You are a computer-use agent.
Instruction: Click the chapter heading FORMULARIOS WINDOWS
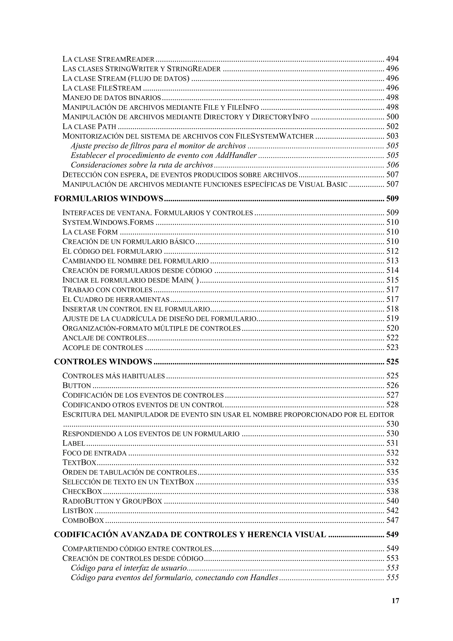[109, 199]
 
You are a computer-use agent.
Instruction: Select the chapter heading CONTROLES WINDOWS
[103, 362]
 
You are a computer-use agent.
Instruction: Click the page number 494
[392, 59]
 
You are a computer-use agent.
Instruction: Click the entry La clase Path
[89, 127]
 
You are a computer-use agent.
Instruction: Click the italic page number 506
[392, 165]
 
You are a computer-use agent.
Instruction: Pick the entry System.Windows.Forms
[108, 223]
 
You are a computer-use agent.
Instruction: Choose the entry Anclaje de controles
[104, 338]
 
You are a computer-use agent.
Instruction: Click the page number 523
[392, 347]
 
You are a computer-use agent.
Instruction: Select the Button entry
[77, 386]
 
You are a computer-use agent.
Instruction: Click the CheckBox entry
[82, 491]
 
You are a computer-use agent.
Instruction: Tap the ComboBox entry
[83, 520]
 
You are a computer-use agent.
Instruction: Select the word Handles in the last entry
[264, 578]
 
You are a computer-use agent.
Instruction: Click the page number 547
[392, 520]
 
